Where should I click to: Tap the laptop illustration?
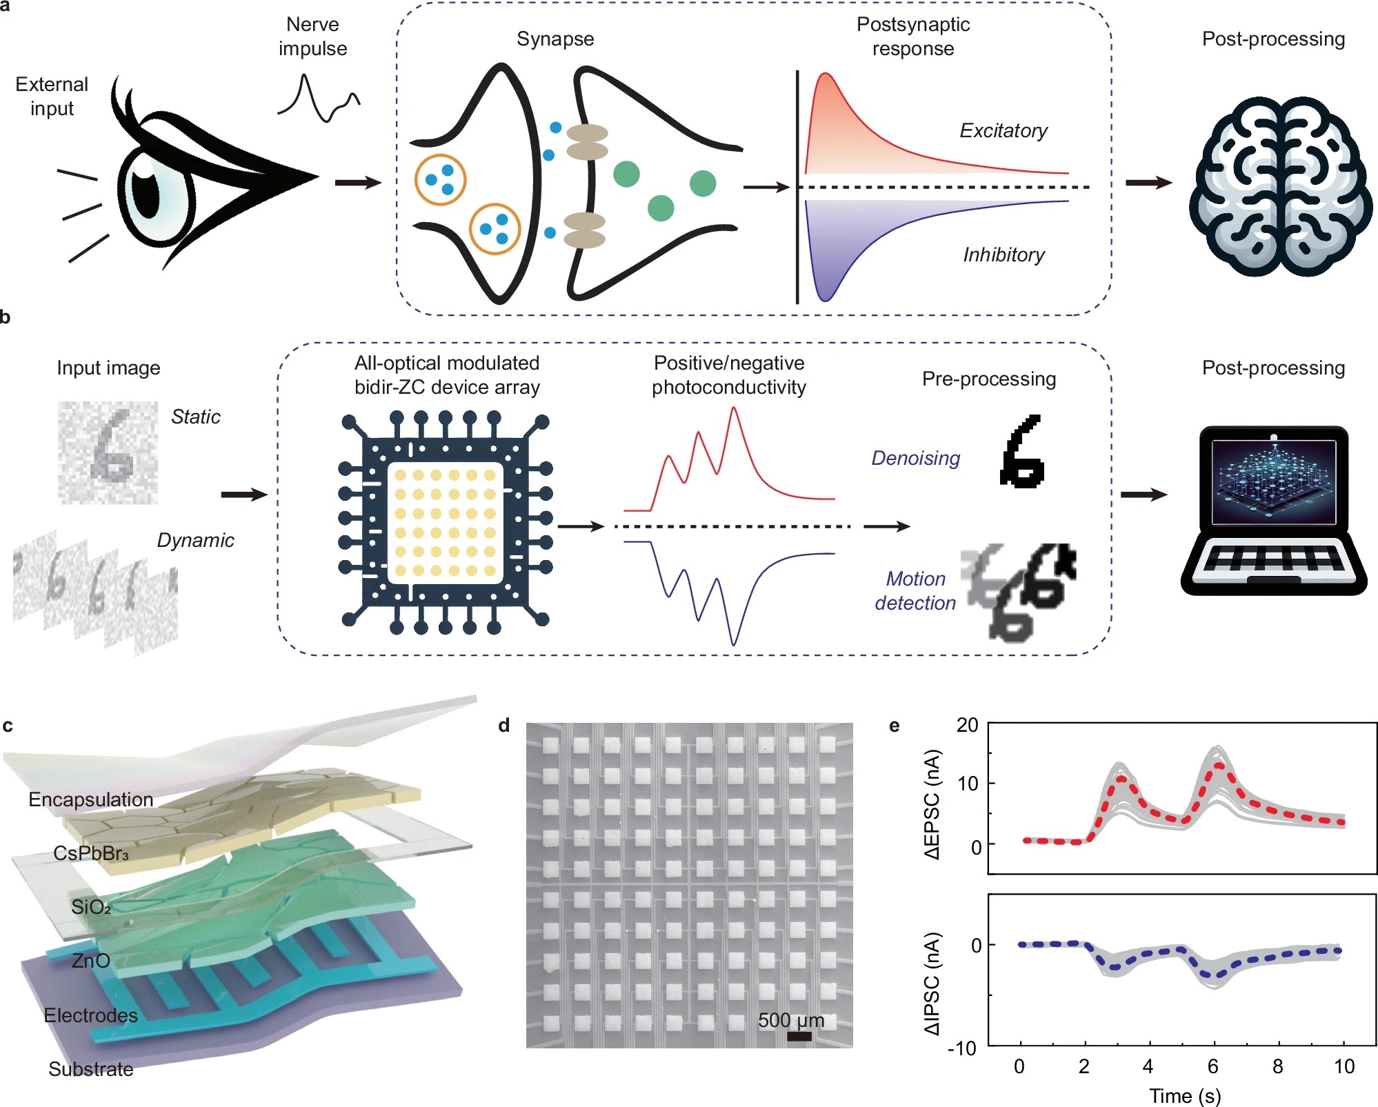(1273, 510)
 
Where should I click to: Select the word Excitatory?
(1003, 130)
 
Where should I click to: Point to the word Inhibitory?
(1003, 255)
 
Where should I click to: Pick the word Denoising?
(915, 458)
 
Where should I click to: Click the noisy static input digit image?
(108, 452)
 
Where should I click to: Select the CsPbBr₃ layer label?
(91, 854)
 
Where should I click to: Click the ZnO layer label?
(90, 961)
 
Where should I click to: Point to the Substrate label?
(90, 1069)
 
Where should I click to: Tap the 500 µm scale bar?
(799, 1036)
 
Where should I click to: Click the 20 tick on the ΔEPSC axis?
(968, 725)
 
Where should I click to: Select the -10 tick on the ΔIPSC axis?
(962, 1048)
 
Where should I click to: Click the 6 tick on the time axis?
(1212, 1066)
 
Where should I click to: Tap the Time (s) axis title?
(1185, 1096)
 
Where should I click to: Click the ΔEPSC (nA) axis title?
(932, 805)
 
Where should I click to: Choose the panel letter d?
(504, 726)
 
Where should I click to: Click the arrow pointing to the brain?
(1148, 183)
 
